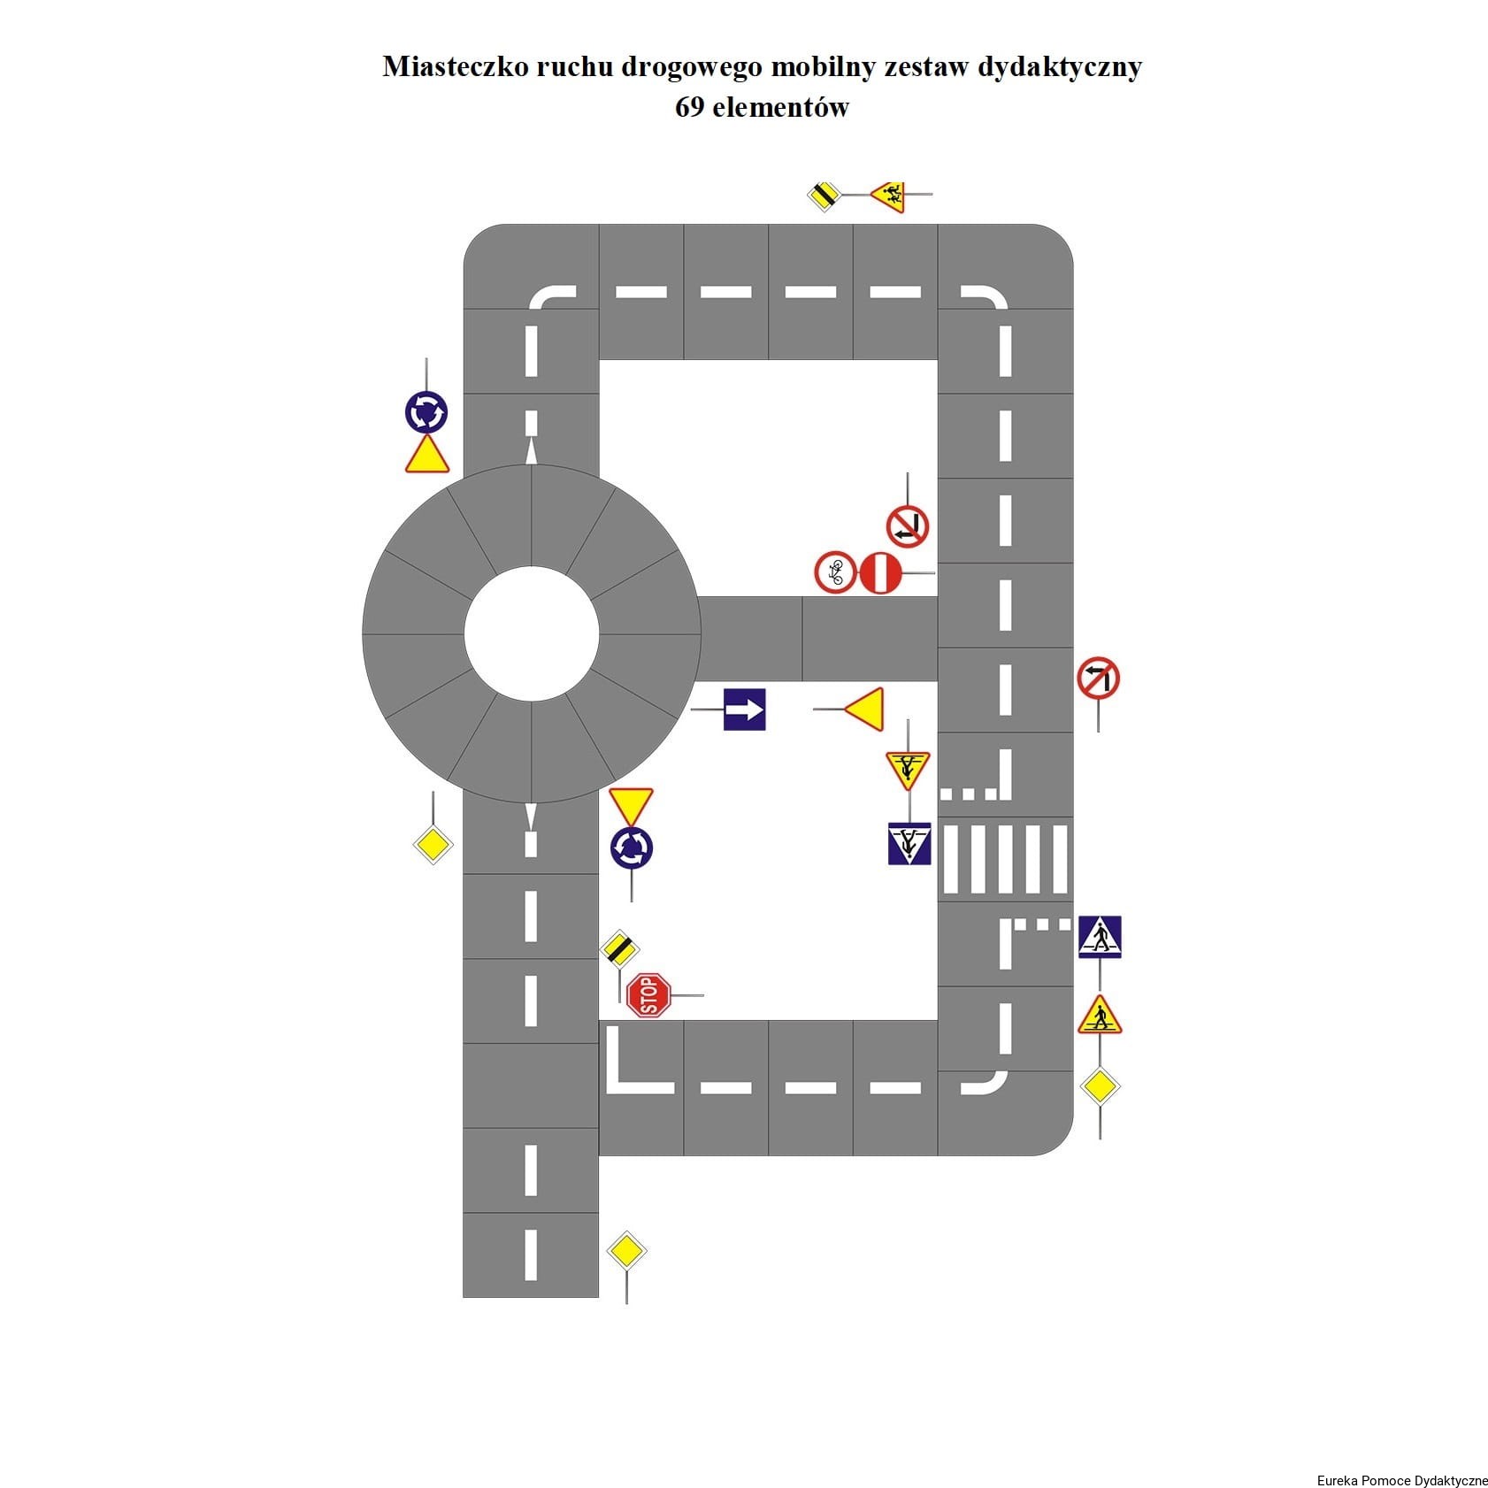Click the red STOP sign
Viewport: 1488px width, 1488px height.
pyautogui.click(x=648, y=995)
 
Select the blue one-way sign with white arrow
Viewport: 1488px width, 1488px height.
pyautogui.click(x=744, y=709)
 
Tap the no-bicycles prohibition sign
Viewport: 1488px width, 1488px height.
pyautogui.click(x=835, y=572)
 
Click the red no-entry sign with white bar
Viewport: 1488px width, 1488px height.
pyautogui.click(x=881, y=572)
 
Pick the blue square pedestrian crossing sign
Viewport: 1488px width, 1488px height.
pyautogui.click(x=1100, y=937)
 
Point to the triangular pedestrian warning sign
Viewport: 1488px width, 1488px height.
pyautogui.click(x=1100, y=1016)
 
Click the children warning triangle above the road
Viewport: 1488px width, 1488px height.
pyautogui.click(x=889, y=195)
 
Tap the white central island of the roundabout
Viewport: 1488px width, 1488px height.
pyautogui.click(x=532, y=633)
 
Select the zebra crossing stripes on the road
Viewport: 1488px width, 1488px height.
pyautogui.click(x=1005, y=858)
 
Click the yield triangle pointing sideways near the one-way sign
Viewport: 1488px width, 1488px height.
pyautogui.click(x=864, y=709)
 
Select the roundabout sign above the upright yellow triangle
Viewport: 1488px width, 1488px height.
pyautogui.click(x=426, y=412)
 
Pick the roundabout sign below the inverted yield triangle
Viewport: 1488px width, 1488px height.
pyautogui.click(x=632, y=848)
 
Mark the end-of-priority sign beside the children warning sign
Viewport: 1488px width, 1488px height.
pyautogui.click(x=825, y=195)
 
